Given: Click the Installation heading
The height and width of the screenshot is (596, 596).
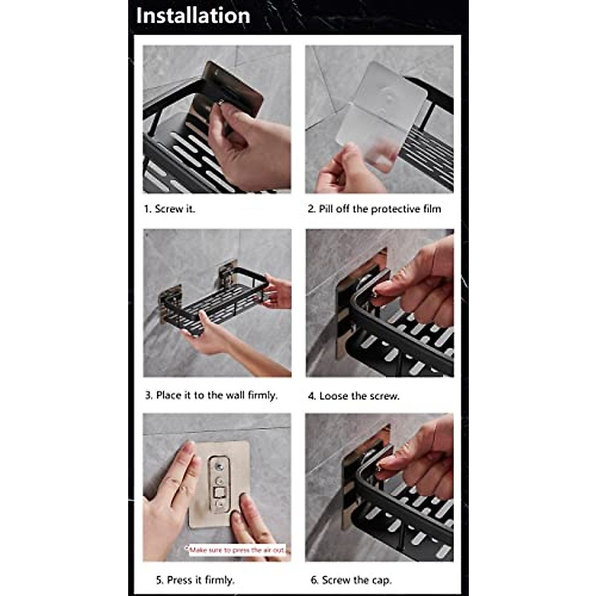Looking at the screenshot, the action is point(193,15).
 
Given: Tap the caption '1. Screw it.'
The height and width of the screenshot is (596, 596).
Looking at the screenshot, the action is point(169,209).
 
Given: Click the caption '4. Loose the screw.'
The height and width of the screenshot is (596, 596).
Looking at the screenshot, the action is point(354,396).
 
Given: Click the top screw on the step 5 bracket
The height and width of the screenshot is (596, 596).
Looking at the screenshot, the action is point(219,466).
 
